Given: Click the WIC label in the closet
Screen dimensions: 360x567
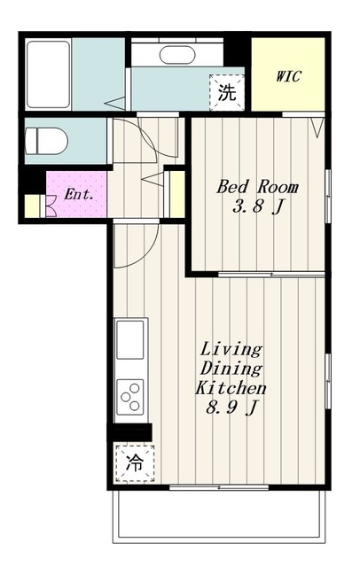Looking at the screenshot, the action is (288, 77).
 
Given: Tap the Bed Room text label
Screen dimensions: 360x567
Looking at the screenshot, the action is (258, 187).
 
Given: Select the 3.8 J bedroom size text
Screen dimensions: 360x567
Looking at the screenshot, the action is (257, 207).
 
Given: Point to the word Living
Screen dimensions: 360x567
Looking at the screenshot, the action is (231, 350).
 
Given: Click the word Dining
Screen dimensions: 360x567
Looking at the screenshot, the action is (231, 369).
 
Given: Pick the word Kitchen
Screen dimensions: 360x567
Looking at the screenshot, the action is (231, 388).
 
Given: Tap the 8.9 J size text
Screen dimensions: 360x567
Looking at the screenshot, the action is (232, 408).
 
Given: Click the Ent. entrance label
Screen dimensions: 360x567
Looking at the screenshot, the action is (79, 195).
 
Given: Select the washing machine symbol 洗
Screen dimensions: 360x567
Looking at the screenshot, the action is (227, 92).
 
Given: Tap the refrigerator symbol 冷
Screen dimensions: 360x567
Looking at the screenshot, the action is (135, 463).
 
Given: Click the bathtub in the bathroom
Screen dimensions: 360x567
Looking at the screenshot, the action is (49, 74).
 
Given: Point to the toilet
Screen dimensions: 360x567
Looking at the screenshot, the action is (46, 141).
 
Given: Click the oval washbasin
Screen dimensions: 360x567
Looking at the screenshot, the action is (177, 55).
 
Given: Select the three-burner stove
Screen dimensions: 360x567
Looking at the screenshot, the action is (130, 397).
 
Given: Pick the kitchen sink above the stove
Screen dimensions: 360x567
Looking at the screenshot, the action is (129, 339).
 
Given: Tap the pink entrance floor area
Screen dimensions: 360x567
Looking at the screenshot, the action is (77, 195).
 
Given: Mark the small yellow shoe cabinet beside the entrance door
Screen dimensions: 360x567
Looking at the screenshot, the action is (32, 206).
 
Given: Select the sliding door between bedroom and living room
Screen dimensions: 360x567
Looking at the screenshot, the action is (271, 275).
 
